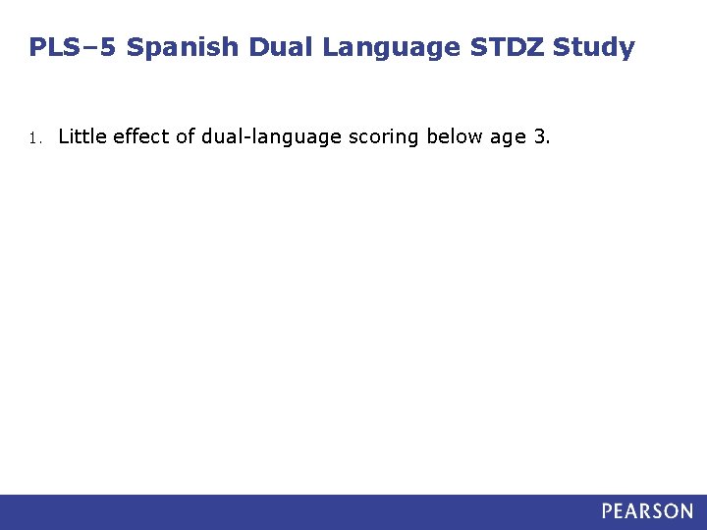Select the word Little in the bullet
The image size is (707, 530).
point(82,136)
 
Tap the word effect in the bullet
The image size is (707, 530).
point(141,136)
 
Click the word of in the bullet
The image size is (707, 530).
point(186,136)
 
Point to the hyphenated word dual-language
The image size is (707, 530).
point(272,136)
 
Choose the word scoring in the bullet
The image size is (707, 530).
point(384,136)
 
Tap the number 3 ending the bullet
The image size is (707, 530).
point(539,136)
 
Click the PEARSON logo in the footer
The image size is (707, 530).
point(647,511)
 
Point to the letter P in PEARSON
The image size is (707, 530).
point(609,511)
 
